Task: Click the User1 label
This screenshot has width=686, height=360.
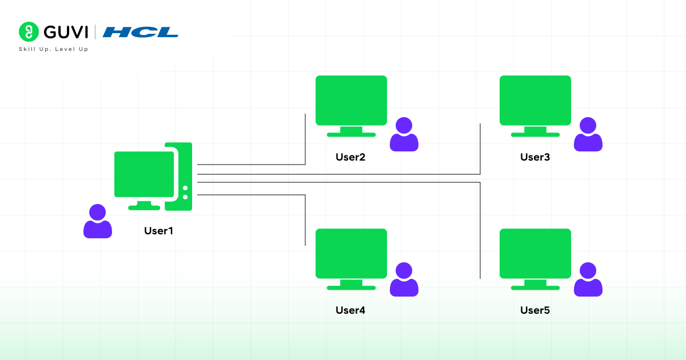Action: (x=158, y=231)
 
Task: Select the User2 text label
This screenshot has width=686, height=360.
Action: (x=350, y=157)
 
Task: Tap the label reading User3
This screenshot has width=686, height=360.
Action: (x=535, y=157)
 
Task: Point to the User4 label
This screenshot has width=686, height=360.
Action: (x=350, y=310)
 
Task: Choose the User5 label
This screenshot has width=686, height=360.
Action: (x=535, y=310)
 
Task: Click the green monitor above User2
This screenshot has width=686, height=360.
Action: (x=351, y=101)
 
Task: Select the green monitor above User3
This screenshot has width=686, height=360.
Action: (x=535, y=101)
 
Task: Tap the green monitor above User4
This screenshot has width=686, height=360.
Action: (x=351, y=254)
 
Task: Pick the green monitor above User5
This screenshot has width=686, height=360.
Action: (x=535, y=254)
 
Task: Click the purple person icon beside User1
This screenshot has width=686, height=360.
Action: (x=98, y=222)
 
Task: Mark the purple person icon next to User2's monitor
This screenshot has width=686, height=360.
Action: (x=404, y=135)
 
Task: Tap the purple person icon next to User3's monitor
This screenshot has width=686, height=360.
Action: (x=588, y=135)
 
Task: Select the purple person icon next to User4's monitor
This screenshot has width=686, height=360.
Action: (x=404, y=280)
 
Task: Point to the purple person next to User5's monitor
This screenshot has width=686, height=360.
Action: (x=588, y=280)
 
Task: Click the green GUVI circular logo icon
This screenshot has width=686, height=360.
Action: (x=29, y=31)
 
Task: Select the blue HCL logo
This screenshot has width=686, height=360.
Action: (x=140, y=32)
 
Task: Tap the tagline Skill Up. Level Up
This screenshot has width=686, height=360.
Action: (x=54, y=49)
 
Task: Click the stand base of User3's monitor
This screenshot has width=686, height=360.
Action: (x=535, y=134)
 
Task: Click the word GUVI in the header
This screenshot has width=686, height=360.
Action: (x=65, y=32)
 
